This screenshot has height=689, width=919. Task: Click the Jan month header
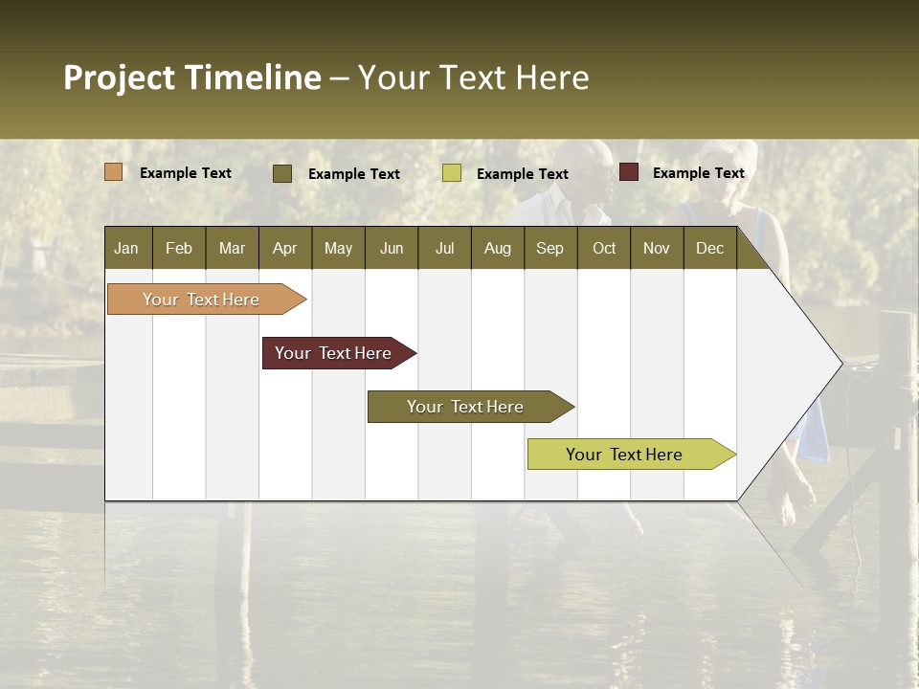[127, 249]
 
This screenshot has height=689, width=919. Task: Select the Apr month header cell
[285, 249]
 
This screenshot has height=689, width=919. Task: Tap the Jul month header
[444, 249]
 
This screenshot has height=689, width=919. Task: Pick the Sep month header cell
[549, 249]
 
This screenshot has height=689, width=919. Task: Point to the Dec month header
[709, 249]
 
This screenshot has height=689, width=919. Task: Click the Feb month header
[179, 249]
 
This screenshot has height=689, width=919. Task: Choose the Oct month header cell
[604, 249]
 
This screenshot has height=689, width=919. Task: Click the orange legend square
[114, 172]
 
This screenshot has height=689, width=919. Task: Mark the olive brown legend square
[282, 173]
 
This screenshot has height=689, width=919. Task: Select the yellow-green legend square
[452, 173]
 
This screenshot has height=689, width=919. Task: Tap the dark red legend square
[629, 172]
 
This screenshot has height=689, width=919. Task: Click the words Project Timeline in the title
[192, 78]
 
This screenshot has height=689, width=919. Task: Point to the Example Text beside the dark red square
[698, 173]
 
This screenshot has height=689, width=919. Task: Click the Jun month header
[392, 249]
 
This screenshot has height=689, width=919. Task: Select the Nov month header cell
[657, 249]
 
